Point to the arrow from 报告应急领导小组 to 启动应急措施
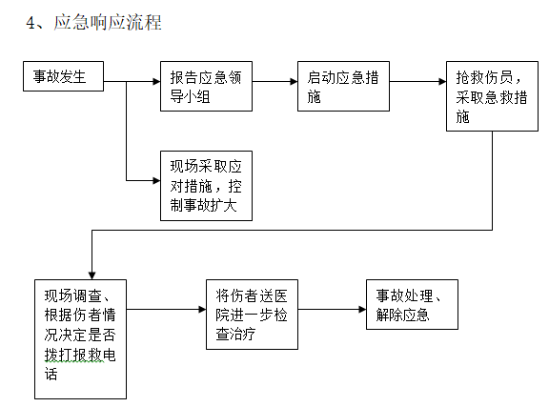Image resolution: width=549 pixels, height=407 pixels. tap(275, 81)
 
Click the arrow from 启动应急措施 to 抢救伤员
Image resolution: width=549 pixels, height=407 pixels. tap(417, 81)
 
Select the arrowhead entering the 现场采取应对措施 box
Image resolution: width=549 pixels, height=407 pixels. tap(153, 179)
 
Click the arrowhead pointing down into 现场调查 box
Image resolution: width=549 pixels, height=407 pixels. tap(91, 273)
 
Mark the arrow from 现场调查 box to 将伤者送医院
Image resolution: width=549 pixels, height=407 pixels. tap(167, 310)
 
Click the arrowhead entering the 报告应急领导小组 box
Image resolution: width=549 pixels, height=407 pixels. tap(153, 81)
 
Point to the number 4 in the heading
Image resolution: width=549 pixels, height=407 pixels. tap(30, 21)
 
